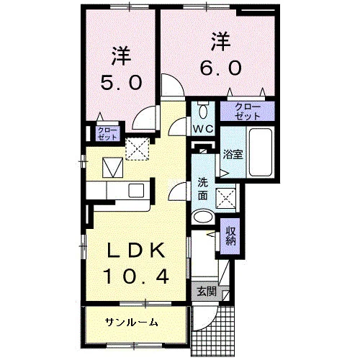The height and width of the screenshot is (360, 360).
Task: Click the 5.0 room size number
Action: coord(121,83)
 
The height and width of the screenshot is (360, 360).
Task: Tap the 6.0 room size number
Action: coord(220,68)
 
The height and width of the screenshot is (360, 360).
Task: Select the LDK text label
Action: coord(136,251)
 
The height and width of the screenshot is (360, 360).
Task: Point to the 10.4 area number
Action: coord(136,276)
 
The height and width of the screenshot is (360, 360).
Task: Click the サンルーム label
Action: coord(132,323)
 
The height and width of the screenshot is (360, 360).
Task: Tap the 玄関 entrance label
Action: coord(207,292)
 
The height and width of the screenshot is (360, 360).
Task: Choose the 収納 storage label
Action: coord(230,236)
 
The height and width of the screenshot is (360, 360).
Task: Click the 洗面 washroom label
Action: coord(203,189)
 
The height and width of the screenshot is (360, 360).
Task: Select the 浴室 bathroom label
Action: coord(233,154)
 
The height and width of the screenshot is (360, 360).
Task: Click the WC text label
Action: coord(204,130)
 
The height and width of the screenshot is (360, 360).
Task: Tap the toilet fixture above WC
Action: coord(204,109)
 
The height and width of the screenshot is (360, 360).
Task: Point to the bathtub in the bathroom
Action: coord(261,153)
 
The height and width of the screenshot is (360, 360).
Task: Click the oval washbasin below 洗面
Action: coord(203,217)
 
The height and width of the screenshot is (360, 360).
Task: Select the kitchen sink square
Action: coord(136,191)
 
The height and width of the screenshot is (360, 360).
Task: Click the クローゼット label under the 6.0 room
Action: coord(248,112)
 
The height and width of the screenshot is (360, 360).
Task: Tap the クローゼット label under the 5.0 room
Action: coord(107,134)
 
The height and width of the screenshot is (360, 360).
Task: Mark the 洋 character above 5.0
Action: coord(121,55)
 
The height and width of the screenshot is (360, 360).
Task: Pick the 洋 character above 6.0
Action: coord(220,41)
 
